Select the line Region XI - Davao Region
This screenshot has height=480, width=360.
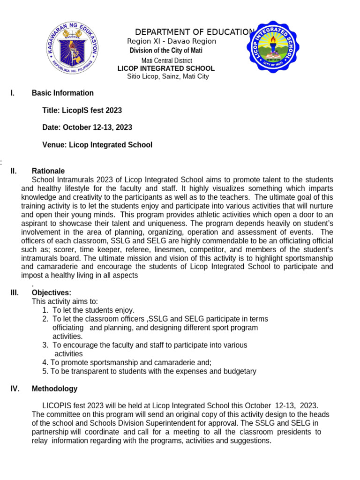[172, 41]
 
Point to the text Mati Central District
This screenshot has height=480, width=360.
[166, 60]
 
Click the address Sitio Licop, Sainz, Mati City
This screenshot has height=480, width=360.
[168, 76]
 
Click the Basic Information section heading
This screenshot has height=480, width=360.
[62, 93]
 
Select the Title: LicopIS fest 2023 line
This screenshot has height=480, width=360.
[82, 111]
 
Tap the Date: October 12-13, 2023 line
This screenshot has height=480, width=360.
[87, 127]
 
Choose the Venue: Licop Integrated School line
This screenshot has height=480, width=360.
[97, 145]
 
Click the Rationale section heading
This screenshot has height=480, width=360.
[48, 171]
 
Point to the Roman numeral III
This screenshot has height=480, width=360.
[15, 293]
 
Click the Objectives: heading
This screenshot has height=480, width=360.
[51, 293]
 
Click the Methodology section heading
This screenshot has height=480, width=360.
[54, 389]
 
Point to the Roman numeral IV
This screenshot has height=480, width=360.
[15, 389]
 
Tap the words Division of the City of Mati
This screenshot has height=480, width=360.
[166, 51]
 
